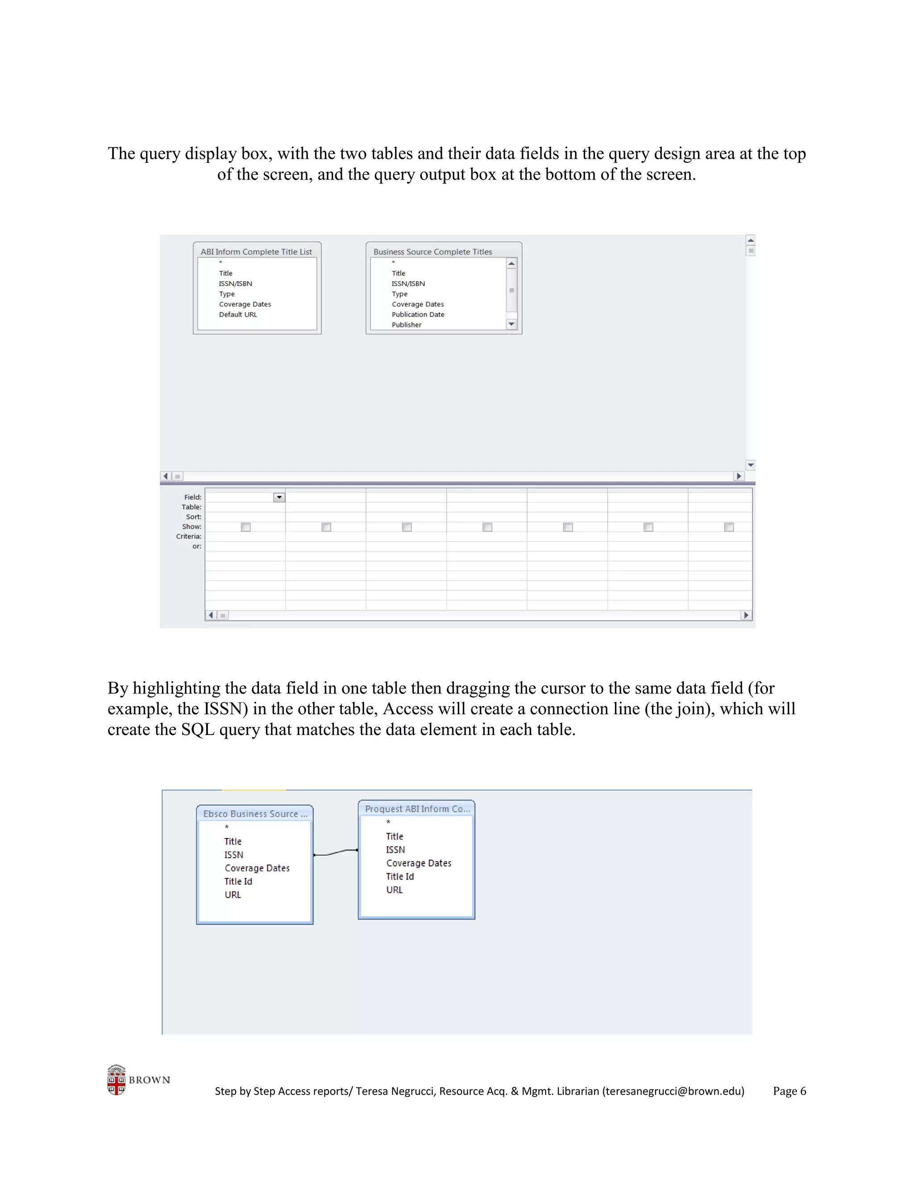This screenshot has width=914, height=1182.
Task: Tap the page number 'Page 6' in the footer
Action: [789, 1091]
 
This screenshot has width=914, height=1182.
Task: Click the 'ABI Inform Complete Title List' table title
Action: [256, 252]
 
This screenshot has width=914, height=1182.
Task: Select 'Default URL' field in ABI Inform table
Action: [238, 314]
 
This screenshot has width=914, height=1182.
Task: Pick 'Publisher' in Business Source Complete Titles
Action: [406, 325]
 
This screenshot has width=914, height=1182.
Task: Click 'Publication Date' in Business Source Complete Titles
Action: [417, 314]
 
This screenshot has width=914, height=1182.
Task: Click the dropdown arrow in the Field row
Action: [279, 497]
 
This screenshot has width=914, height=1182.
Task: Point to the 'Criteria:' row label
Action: [188, 536]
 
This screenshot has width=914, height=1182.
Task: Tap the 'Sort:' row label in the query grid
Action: [193, 517]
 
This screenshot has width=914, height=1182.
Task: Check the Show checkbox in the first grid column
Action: [245, 527]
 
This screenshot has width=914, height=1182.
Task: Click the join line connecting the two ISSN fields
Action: [336, 852]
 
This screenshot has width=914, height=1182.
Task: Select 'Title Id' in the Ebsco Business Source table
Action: [238, 881]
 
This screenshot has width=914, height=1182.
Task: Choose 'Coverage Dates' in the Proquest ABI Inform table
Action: [419, 863]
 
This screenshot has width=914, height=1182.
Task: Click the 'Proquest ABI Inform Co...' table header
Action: [417, 809]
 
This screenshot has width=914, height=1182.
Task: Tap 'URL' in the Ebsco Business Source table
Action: [233, 895]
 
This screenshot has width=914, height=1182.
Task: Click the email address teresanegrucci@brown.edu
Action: [673, 1091]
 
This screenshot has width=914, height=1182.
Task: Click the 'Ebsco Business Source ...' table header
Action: [255, 814]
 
